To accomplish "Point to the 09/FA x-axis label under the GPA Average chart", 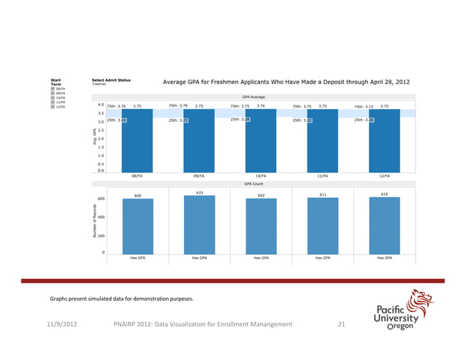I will pyautogui.click(x=199, y=176).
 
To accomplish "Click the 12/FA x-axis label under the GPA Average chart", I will pyautogui.click(x=383, y=176).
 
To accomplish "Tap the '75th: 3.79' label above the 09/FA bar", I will pyautogui.click(x=178, y=105).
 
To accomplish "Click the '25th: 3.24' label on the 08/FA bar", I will pyautogui.click(x=117, y=120).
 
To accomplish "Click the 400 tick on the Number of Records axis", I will pyautogui.click(x=100, y=218).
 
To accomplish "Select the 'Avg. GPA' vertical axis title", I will pyautogui.click(x=94, y=137).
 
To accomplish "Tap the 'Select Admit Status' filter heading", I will pyautogui.click(x=112, y=80).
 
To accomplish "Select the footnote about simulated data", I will pyautogui.click(x=123, y=299).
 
